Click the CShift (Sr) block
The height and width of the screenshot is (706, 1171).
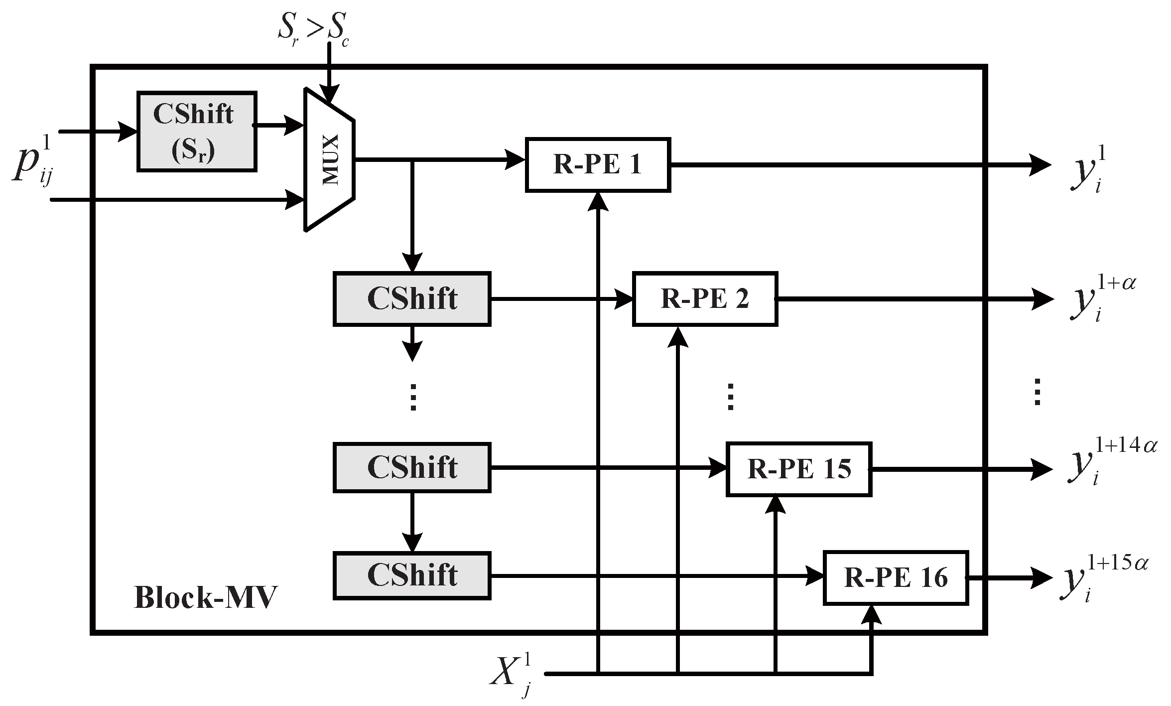pyautogui.click(x=197, y=132)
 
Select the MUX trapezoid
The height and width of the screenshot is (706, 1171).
pyautogui.click(x=329, y=159)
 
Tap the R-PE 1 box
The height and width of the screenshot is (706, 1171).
pyautogui.click(x=598, y=165)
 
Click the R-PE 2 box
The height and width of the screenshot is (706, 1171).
pyautogui.click(x=705, y=299)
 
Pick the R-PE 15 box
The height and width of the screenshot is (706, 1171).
pyautogui.click(x=799, y=469)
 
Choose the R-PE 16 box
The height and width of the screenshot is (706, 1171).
pyautogui.click(x=896, y=578)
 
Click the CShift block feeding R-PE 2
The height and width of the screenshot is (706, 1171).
pyautogui.click(x=412, y=299)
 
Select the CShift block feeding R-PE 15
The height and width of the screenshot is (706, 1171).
pyautogui.click(x=412, y=467)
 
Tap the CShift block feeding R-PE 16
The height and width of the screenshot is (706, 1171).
pyautogui.click(x=412, y=575)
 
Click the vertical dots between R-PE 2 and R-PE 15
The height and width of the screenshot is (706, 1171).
pyautogui.click(x=730, y=397)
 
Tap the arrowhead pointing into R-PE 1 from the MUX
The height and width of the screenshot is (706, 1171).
pyautogui.click(x=516, y=159)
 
